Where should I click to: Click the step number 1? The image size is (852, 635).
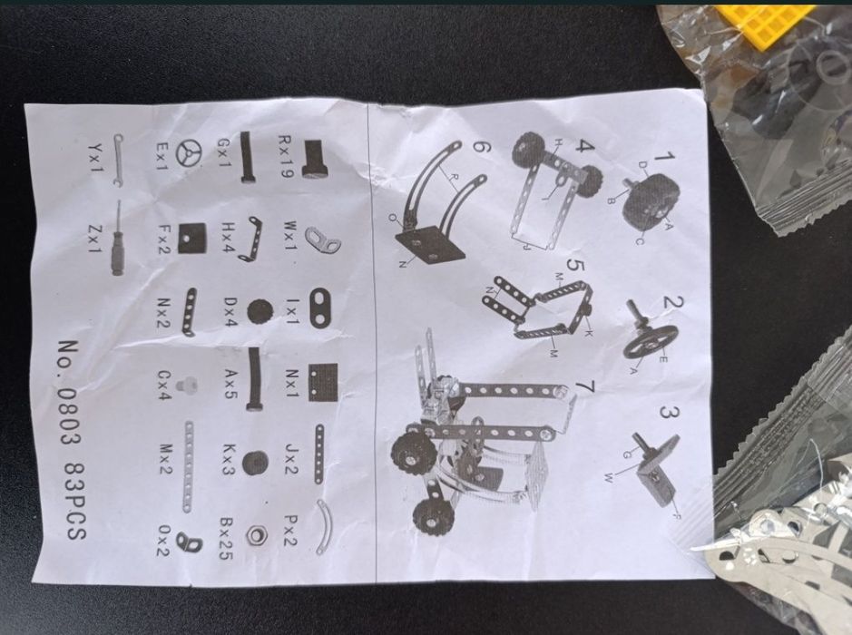click(x=664, y=158)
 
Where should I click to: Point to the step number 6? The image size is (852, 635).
click(x=482, y=148)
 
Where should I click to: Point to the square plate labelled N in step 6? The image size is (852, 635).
click(x=432, y=245)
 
